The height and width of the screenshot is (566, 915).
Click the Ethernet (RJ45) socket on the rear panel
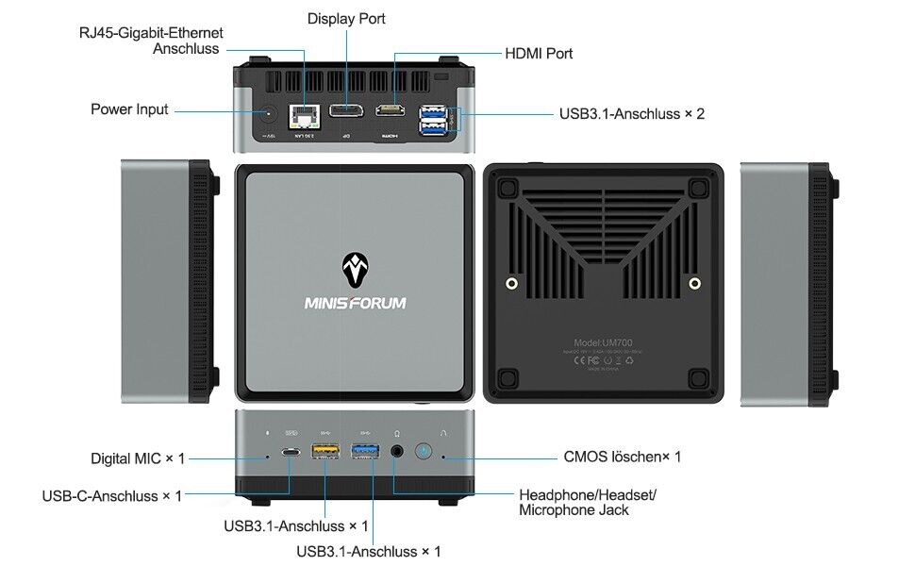[305, 116]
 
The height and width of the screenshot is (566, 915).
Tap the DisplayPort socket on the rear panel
[345, 114]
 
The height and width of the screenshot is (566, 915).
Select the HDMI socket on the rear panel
[391, 111]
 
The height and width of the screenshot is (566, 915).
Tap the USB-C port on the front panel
[291, 452]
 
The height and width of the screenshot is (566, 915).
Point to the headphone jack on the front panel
[397, 452]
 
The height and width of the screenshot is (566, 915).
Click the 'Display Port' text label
[346, 19]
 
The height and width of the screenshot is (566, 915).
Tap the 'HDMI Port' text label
[539, 54]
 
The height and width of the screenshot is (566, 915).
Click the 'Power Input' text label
[129, 109]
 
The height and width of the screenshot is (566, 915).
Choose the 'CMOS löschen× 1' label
[622, 457]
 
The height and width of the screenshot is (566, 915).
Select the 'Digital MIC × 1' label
[138, 458]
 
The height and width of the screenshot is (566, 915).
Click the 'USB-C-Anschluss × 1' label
[112, 496]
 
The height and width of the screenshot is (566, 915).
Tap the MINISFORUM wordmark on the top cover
[355, 304]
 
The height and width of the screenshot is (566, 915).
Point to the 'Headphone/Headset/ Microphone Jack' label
[588, 502]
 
